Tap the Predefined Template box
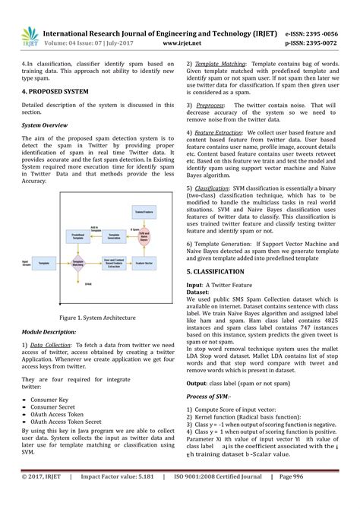click(x=77, y=236)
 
